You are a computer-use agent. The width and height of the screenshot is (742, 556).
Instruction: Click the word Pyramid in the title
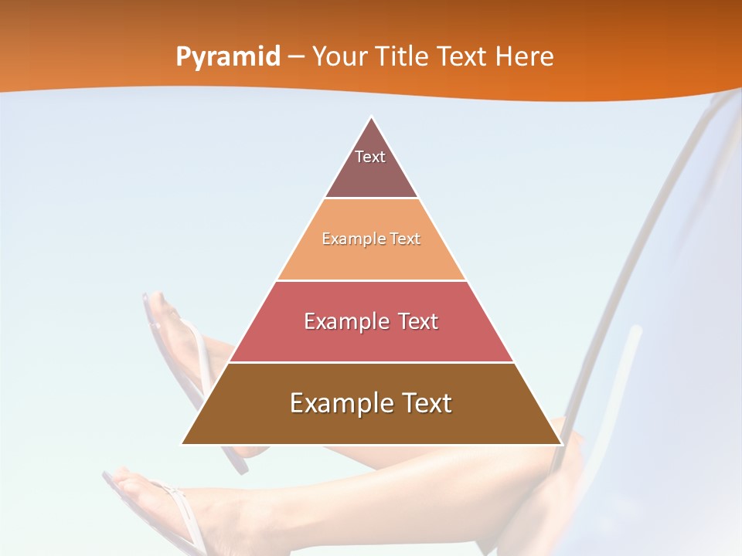[228, 57]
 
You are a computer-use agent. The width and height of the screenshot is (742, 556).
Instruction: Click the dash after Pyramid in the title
[296, 58]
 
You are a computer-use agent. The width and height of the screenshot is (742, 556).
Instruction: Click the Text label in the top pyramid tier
[370, 157]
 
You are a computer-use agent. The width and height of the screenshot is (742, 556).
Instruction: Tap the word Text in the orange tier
[406, 239]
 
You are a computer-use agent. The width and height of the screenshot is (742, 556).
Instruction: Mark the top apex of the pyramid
[372, 117]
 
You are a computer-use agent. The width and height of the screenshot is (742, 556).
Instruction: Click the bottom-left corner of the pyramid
[182, 444]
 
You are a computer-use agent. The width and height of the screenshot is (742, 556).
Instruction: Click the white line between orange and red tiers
[372, 280]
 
